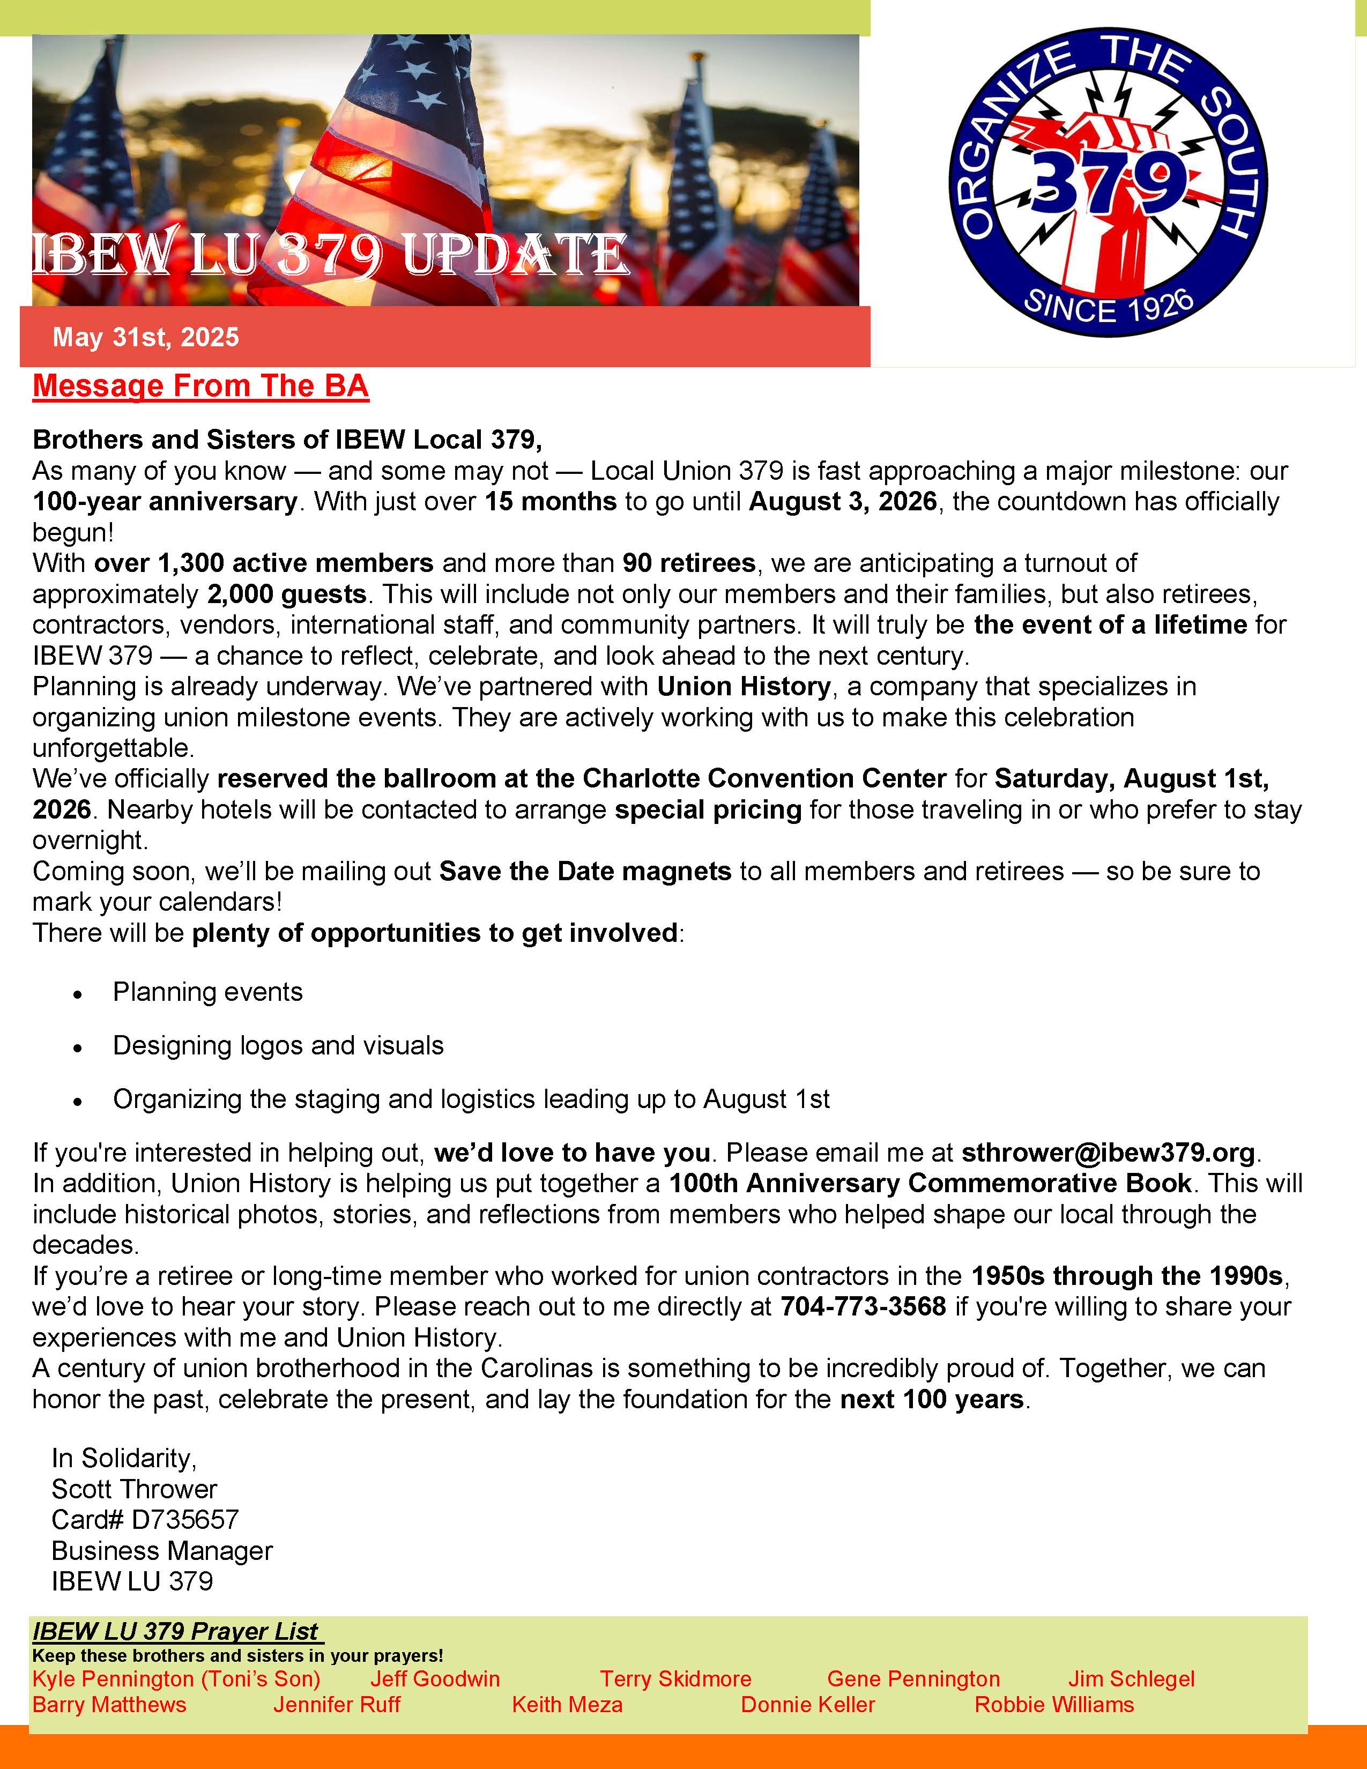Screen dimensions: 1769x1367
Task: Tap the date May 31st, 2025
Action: pos(146,337)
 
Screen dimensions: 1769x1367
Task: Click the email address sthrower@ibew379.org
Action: pos(1108,1152)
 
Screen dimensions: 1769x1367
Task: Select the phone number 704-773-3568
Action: pos(863,1306)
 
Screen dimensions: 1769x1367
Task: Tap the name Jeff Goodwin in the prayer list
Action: pos(435,1678)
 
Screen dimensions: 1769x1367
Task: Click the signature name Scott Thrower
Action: pos(135,1489)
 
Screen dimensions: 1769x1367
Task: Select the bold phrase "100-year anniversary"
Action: pos(165,501)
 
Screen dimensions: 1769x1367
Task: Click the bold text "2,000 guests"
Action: pos(287,594)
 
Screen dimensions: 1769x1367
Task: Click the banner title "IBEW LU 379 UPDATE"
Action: pos(330,254)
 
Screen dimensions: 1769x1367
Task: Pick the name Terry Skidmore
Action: pos(675,1678)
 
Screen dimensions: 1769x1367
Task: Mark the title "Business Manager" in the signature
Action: pos(162,1550)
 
